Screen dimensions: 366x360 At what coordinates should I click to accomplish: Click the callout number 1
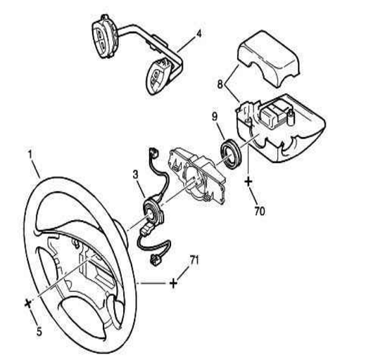(x=30, y=155)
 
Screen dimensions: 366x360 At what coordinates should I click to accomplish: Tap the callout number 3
(x=136, y=174)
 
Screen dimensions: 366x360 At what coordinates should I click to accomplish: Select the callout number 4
(x=198, y=34)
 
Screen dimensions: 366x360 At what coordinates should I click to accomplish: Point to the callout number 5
(x=39, y=332)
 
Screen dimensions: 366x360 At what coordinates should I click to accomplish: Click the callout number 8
(x=220, y=84)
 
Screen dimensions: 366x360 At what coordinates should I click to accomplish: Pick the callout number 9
(x=215, y=117)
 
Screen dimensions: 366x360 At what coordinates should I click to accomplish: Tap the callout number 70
(x=260, y=211)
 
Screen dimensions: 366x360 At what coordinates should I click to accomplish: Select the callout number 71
(x=194, y=260)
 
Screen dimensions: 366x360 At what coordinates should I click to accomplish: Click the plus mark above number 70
(x=248, y=181)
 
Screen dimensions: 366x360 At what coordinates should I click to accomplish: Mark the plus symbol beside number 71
(x=173, y=283)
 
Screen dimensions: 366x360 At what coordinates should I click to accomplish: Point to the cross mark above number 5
(x=27, y=304)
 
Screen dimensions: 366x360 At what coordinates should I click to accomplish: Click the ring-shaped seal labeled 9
(x=231, y=153)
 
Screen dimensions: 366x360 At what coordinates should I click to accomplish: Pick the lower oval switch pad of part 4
(x=158, y=75)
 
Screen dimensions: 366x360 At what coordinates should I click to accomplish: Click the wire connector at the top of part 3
(x=153, y=153)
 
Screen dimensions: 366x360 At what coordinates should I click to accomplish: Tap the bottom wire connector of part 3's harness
(x=156, y=259)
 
